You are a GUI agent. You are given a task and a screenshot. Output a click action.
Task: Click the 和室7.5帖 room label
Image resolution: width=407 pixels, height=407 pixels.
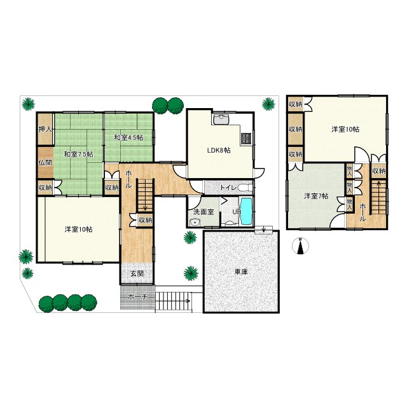[79, 154]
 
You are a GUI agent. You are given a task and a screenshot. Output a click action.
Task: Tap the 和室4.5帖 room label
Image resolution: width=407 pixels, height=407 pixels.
[128, 137]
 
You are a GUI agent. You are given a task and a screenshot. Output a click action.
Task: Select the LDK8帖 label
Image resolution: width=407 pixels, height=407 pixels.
[219, 150]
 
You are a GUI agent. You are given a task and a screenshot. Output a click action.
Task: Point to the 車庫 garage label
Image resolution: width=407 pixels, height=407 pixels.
[241, 272]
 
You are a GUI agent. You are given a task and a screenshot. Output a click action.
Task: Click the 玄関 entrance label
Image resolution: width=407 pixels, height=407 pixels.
[137, 273]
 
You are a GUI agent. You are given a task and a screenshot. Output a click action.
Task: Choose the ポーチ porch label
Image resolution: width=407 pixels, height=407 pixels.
[137, 297]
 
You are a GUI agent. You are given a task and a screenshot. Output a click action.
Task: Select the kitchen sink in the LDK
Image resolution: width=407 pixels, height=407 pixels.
[221, 119]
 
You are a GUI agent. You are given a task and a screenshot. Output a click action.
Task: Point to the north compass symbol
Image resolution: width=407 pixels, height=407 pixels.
[301, 245]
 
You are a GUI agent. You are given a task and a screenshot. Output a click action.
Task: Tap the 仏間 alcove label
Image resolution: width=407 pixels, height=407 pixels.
[45, 163]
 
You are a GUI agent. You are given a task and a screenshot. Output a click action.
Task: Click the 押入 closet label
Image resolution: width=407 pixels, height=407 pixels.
[45, 129]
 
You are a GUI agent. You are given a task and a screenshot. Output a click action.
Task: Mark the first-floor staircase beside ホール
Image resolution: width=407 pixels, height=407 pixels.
[146, 195]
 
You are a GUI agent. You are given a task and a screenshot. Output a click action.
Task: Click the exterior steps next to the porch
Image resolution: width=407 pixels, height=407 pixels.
[174, 301]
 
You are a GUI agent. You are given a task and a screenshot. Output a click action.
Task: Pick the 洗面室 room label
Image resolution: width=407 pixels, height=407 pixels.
[203, 212]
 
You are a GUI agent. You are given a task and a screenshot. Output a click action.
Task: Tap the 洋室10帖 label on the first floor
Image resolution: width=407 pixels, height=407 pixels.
[79, 230]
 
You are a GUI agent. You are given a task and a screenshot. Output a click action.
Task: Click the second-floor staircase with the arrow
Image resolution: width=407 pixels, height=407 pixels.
[378, 197]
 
